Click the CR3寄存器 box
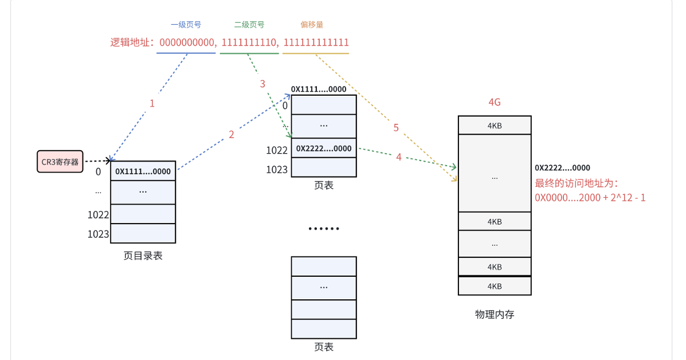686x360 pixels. click(x=60, y=162)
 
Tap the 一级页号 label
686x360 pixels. click(x=186, y=25)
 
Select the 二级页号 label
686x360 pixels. click(x=249, y=25)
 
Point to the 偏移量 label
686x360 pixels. click(x=312, y=25)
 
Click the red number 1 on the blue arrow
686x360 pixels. click(x=152, y=104)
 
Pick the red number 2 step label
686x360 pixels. click(x=232, y=135)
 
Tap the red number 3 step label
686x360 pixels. click(x=262, y=84)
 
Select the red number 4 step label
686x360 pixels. click(x=399, y=156)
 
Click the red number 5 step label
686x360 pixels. click(x=396, y=128)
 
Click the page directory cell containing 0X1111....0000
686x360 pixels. click(x=143, y=171)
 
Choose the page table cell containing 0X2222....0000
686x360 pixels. click(x=324, y=148)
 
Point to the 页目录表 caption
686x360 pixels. click(x=143, y=256)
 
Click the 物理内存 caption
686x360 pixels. click(x=495, y=314)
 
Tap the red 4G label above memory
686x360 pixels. click(x=495, y=103)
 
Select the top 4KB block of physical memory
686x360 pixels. click(x=495, y=126)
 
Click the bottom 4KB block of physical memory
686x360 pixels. click(x=495, y=286)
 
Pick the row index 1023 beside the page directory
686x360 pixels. click(x=99, y=234)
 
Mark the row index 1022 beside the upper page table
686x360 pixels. click(x=277, y=151)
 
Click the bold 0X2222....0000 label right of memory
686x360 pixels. click(x=562, y=168)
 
